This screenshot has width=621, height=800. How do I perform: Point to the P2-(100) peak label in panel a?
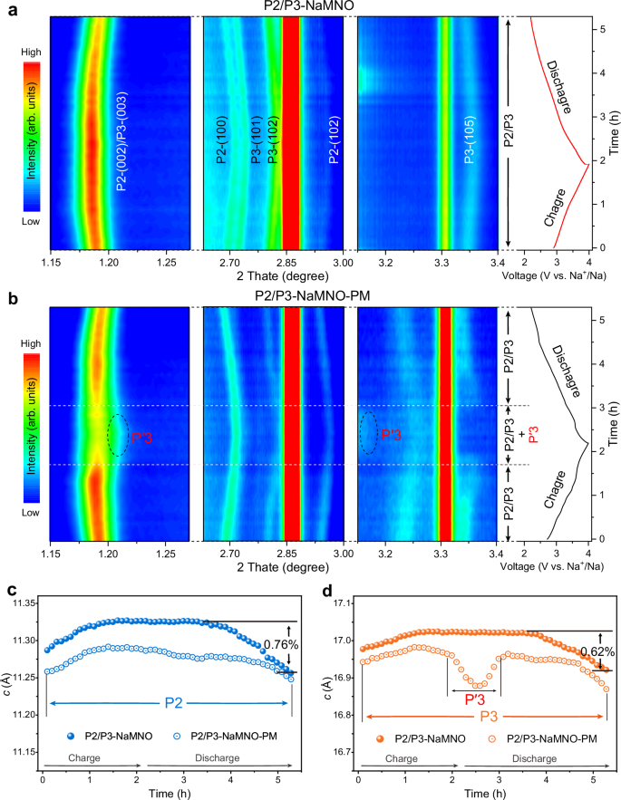(222, 140)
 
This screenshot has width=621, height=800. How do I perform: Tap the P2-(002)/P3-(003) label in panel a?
(122, 140)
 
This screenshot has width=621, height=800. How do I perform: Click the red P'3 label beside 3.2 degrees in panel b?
(392, 434)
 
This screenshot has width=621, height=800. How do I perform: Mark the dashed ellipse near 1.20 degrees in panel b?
(118, 434)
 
